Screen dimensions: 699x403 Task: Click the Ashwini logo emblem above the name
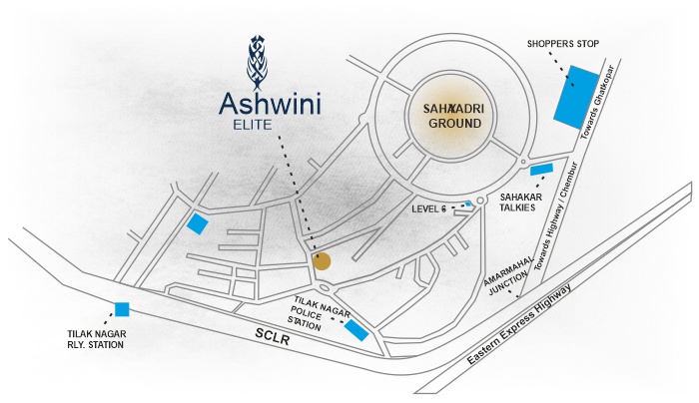257,63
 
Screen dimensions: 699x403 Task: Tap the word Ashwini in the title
270,104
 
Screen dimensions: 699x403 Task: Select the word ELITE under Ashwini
253,125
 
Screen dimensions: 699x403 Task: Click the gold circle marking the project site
322,261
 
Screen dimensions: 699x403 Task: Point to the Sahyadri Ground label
453,116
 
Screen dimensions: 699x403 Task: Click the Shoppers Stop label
563,44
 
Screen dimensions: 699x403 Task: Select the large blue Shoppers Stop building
576,97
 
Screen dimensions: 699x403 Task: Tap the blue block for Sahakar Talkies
541,170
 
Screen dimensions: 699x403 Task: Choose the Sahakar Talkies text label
520,202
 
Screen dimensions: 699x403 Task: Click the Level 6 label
428,208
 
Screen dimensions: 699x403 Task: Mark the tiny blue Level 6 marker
467,204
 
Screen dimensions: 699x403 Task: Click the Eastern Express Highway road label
519,324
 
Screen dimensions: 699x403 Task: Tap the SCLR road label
273,336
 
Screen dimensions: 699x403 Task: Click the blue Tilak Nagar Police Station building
356,330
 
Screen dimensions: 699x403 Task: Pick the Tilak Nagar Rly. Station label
96,339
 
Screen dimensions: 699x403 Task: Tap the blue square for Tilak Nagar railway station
122,309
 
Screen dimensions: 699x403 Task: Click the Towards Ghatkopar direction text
598,102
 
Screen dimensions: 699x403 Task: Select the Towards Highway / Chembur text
556,216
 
